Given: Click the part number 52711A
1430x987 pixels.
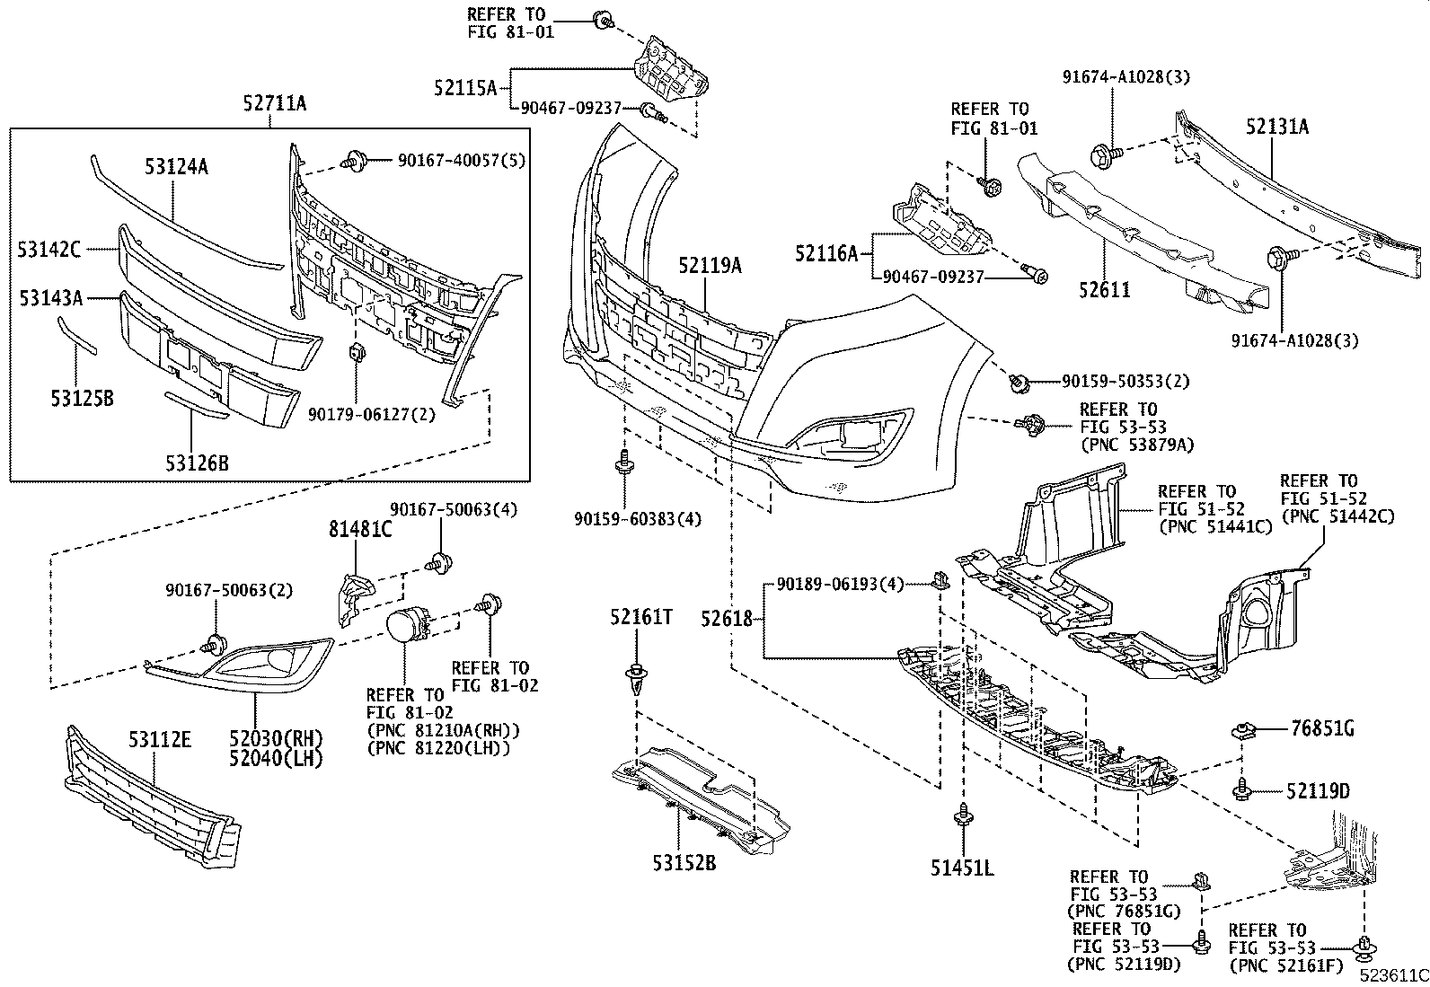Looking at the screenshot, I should [274, 104].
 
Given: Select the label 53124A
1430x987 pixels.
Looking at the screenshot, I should [176, 165].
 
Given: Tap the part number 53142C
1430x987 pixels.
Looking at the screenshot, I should [49, 250].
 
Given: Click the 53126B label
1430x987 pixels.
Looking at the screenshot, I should [196, 463].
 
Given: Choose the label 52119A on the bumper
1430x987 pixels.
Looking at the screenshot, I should [710, 265].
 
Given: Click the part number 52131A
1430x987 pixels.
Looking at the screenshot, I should [1276, 127].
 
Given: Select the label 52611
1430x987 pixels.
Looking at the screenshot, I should [1103, 289].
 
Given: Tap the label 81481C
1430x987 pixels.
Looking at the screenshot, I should [359, 530].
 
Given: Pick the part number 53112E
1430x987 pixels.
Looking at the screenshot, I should [159, 740].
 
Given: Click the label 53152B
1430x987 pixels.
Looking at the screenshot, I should [684, 863].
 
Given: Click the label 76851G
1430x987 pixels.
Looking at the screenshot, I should [1322, 728].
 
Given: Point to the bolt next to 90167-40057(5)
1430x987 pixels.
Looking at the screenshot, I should [352, 162].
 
